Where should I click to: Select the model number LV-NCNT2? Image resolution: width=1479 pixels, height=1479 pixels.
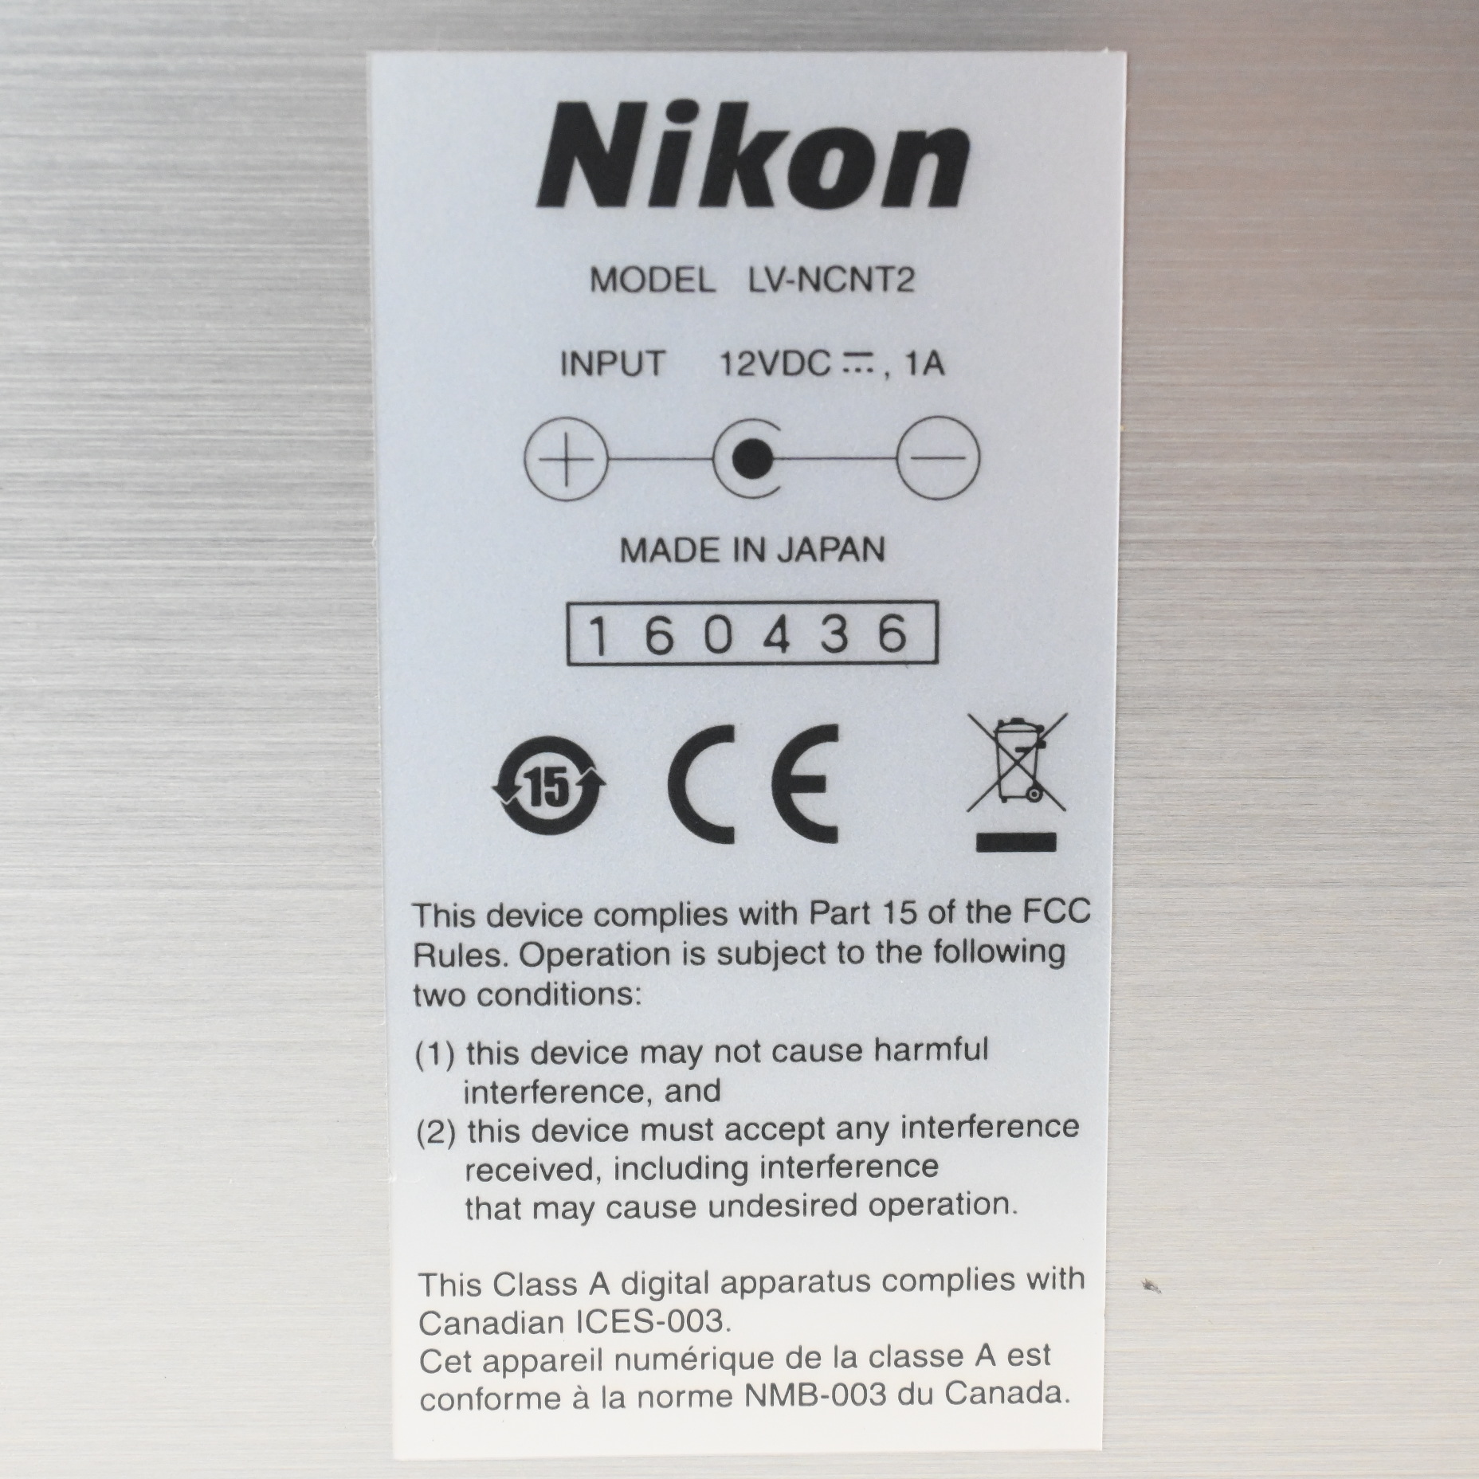[830, 280]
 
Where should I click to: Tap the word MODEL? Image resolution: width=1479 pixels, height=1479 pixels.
[652, 280]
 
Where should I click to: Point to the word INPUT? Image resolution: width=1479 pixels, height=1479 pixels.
[612, 364]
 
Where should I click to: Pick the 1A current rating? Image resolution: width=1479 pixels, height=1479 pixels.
[925, 364]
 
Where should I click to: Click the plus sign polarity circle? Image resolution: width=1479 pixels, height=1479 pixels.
[565, 460]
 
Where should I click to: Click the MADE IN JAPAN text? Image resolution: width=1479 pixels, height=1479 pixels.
[752, 550]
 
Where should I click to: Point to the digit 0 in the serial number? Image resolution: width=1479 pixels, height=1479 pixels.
[718, 635]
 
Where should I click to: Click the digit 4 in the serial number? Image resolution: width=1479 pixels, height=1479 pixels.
[776, 635]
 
